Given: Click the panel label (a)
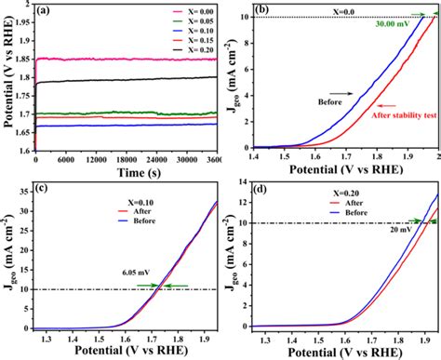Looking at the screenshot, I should [x=46, y=12].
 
